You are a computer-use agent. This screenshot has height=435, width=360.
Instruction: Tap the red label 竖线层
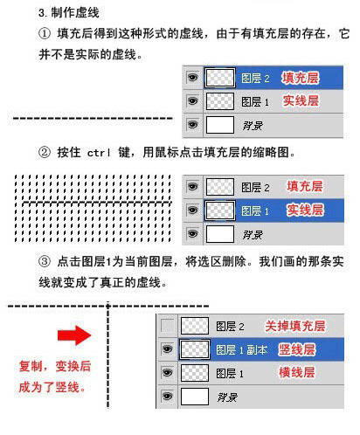tap(297, 349)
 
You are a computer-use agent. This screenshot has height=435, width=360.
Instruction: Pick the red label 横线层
tap(297, 373)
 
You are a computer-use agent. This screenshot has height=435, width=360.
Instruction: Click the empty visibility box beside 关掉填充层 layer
tap(167, 326)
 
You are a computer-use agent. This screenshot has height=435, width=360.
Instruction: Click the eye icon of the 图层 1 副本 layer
tap(167, 349)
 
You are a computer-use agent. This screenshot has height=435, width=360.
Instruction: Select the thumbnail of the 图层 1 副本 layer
tap(193, 349)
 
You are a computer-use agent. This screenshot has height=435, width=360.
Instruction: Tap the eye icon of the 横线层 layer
tap(167, 373)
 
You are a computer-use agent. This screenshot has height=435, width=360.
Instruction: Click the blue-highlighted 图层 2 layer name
tap(254, 79)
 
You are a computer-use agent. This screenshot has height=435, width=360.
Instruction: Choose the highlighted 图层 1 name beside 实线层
tap(254, 211)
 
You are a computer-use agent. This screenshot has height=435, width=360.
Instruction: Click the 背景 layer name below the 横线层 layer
tap(228, 397)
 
